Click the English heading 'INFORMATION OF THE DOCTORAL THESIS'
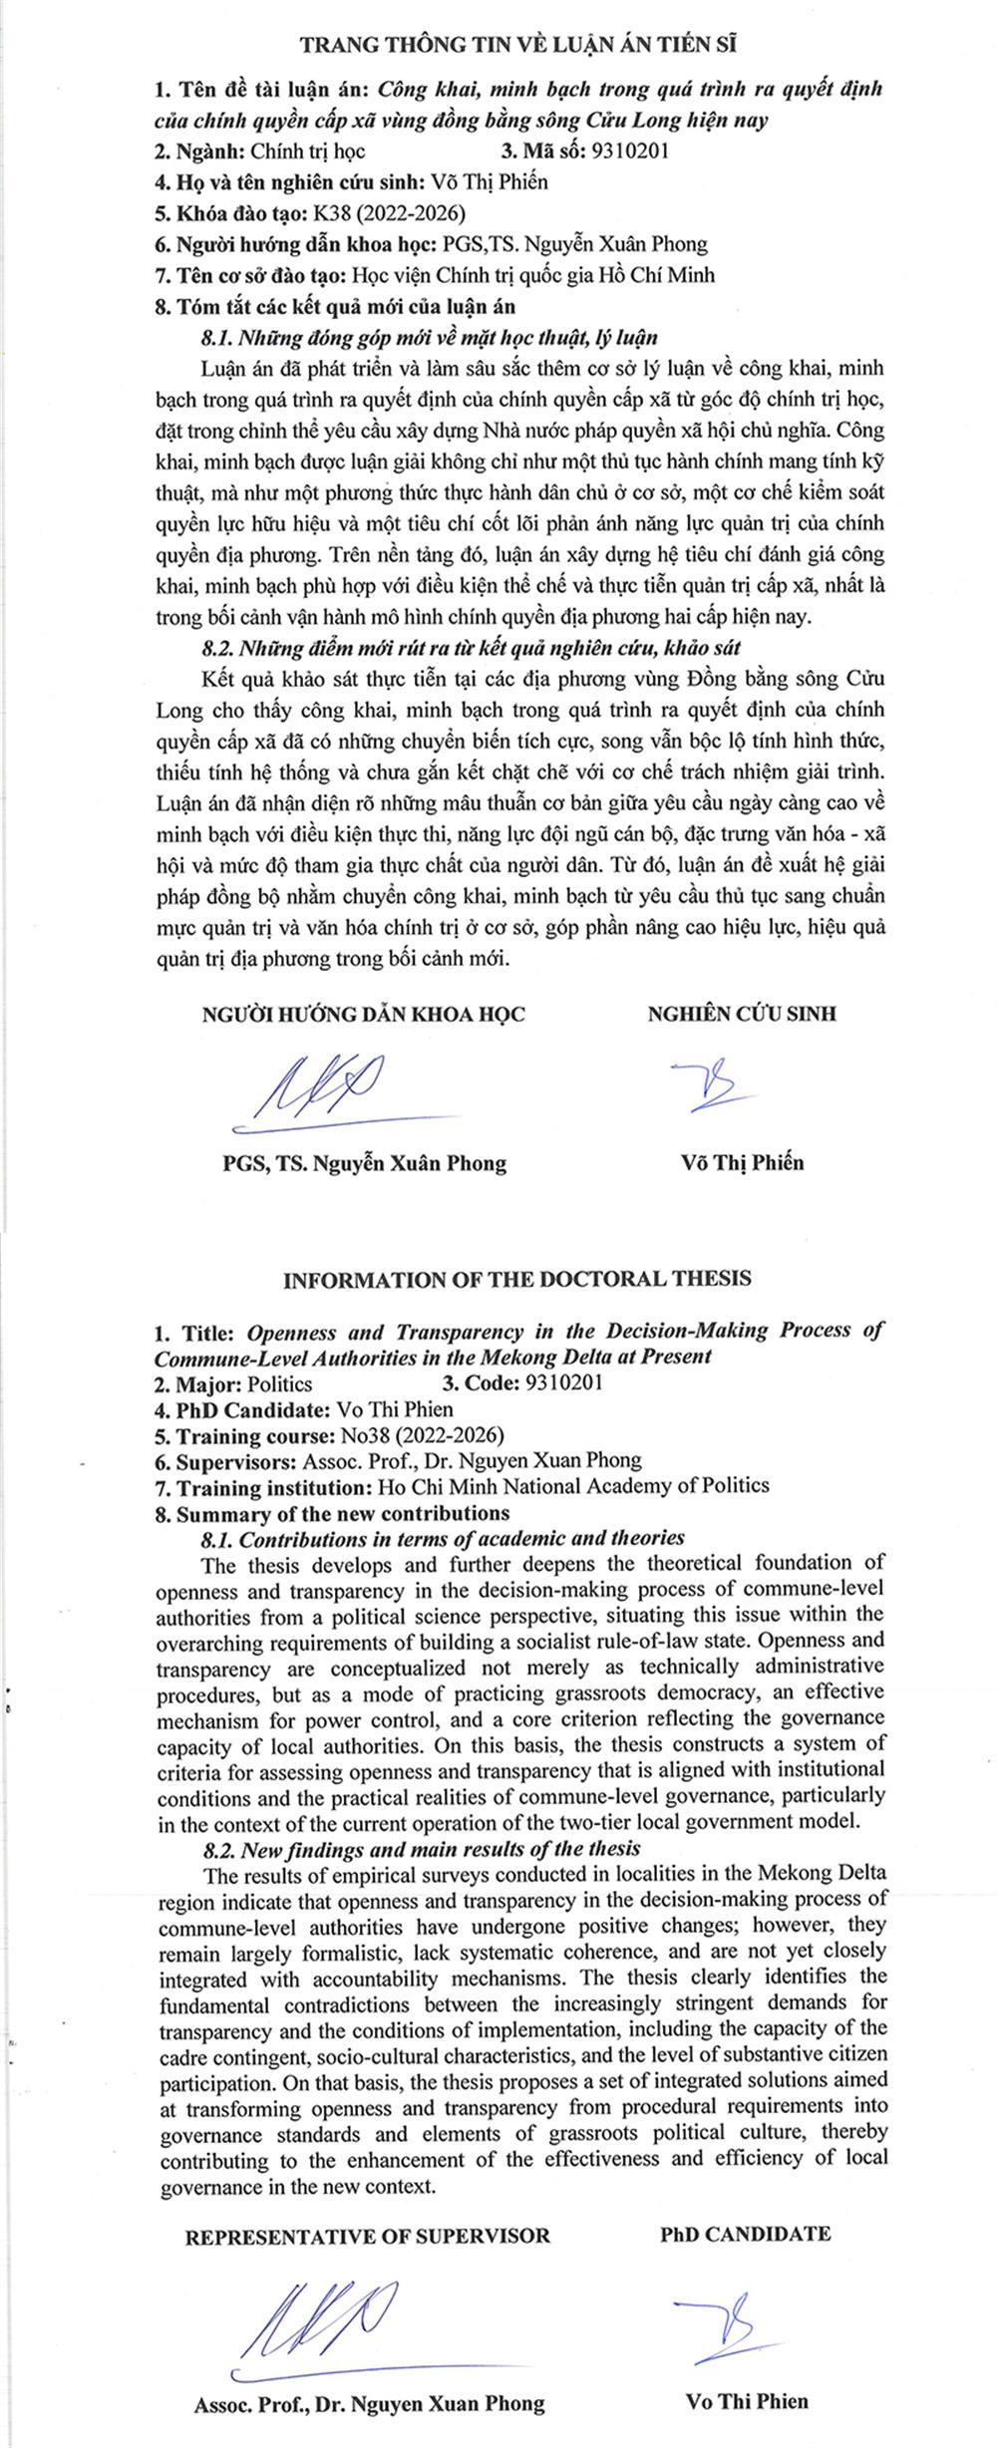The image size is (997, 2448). [517, 1279]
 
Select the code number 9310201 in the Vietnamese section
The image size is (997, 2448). [630, 152]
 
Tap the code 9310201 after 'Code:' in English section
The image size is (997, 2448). [567, 1383]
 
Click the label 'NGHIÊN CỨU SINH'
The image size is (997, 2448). [742, 1014]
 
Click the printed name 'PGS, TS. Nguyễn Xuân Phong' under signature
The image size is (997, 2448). [365, 1162]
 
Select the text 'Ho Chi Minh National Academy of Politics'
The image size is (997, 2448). [573, 1486]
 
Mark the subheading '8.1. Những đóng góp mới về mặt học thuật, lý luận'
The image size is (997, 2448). [430, 337]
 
